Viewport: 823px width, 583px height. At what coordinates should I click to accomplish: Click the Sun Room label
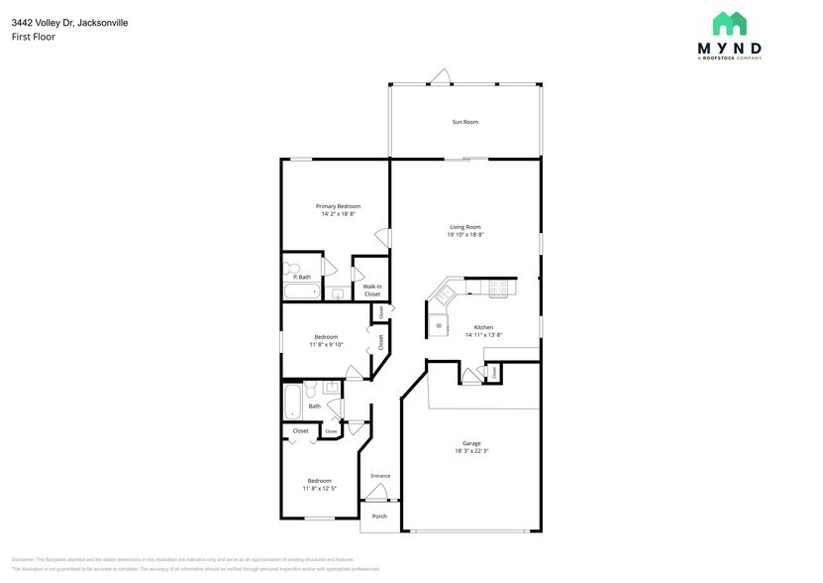(x=465, y=122)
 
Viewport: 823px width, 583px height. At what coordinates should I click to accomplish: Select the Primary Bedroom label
(x=338, y=206)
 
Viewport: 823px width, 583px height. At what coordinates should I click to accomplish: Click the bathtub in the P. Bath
(x=301, y=291)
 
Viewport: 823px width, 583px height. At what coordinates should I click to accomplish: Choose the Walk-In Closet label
(x=372, y=291)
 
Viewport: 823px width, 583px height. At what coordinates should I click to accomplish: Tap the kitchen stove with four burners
(x=497, y=290)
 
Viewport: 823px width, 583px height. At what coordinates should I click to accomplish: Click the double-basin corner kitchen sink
(x=444, y=293)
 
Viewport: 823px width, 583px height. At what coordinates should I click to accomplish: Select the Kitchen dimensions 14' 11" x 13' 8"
(x=483, y=335)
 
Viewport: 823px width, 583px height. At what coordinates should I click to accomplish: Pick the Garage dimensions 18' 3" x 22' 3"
(x=471, y=451)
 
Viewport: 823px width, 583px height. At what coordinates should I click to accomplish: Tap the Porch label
(x=379, y=517)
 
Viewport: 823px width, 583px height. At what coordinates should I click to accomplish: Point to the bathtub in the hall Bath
(x=292, y=402)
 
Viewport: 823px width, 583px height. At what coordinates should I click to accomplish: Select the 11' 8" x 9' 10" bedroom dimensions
(x=326, y=345)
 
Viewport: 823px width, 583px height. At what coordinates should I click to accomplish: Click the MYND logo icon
(x=730, y=24)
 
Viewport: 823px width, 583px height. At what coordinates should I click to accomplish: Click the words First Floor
(x=34, y=37)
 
